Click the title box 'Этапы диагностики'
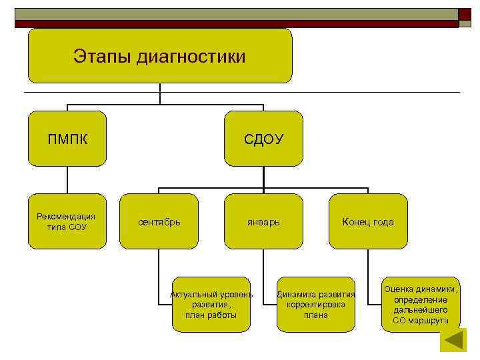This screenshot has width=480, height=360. coord(160,56)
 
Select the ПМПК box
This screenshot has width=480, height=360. coord(67,139)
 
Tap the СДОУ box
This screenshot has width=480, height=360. coord(263,139)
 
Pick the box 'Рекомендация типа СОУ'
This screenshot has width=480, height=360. coord(67,221)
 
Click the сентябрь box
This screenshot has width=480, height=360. coord(159,221)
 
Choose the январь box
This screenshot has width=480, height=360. coord(263,221)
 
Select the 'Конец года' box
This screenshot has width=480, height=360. coord(368,221)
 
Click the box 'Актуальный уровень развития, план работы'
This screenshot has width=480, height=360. coord(211,304)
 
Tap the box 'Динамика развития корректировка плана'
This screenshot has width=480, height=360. coord(316,304)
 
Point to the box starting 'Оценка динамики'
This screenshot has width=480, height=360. coord(421,304)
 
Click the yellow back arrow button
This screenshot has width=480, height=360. coord(455,340)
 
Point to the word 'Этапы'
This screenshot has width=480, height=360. coord(102,57)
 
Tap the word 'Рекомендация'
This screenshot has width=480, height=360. coord(66,216)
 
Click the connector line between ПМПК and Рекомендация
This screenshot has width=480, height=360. coord(67,180)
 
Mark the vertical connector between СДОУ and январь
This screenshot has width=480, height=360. coord(263,180)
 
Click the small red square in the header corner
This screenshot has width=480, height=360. coord(465,14)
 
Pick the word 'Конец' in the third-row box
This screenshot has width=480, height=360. coord(355,222)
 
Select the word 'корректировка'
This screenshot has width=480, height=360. coord(316,305)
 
